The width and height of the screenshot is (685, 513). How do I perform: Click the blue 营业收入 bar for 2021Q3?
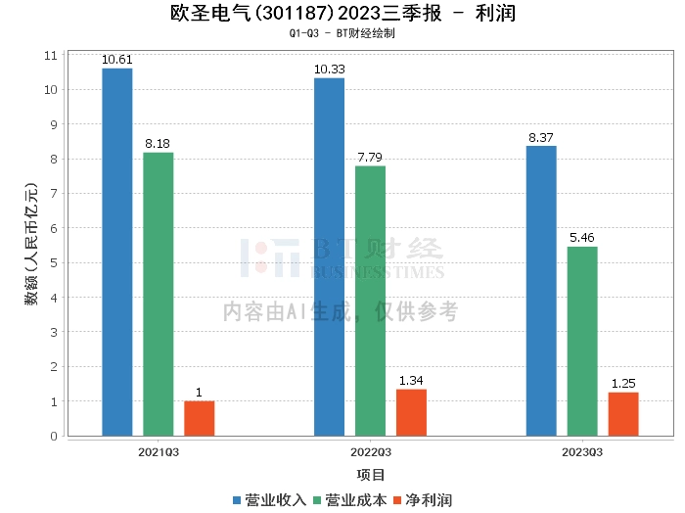[117, 252]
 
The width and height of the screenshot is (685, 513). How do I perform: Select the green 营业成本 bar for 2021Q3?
[159, 294]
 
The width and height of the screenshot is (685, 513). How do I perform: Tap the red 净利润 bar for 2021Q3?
[200, 418]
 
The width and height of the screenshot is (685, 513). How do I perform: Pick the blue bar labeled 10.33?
[330, 256]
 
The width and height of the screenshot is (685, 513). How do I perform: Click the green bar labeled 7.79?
[370, 301]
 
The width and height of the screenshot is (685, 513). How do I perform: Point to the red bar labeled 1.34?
[411, 412]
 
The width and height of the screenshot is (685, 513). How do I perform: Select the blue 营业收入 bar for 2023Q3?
[541, 291]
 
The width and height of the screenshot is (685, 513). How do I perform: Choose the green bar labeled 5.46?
[582, 341]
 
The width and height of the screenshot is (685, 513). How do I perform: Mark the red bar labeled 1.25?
[623, 414]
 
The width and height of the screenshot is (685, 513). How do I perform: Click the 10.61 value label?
[117, 60]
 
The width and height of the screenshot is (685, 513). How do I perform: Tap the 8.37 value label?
[541, 138]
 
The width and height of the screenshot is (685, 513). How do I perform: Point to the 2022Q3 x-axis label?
[371, 453]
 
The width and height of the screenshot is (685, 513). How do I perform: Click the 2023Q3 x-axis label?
[582, 453]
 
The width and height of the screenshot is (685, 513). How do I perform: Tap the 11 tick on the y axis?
[51, 56]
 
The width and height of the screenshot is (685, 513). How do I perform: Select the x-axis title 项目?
[371, 475]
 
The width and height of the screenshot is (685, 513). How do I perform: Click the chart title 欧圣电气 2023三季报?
[342, 15]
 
